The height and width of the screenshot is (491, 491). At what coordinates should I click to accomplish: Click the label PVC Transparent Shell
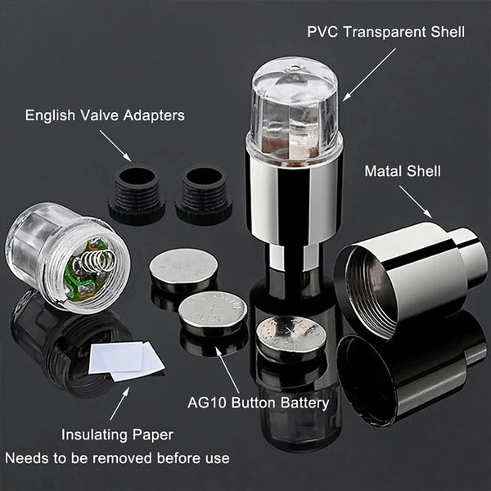(x=385, y=33)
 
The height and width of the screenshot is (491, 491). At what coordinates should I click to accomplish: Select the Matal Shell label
(x=402, y=171)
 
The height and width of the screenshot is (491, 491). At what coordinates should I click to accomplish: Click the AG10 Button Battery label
(x=257, y=403)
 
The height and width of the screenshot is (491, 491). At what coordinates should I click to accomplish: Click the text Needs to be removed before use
(x=118, y=458)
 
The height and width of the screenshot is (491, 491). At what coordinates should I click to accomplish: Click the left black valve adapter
(x=137, y=195)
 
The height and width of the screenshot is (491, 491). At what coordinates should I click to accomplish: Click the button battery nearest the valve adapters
(x=183, y=267)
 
